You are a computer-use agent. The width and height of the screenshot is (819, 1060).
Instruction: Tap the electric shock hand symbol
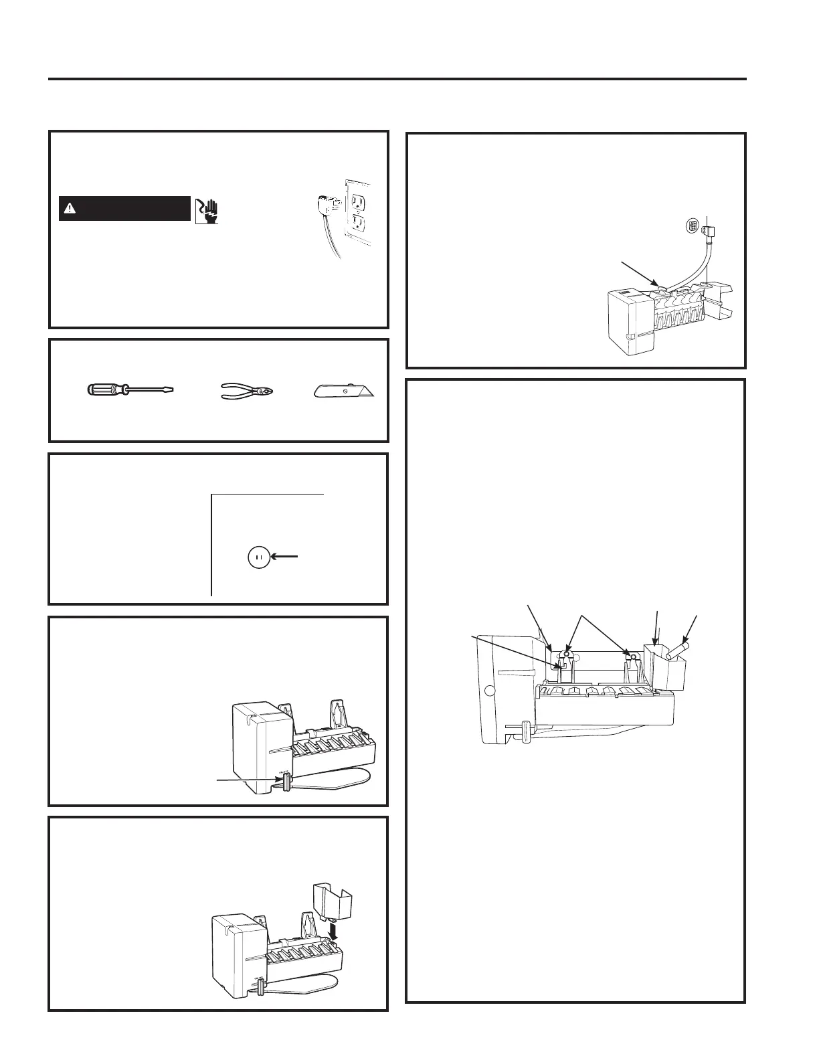207,211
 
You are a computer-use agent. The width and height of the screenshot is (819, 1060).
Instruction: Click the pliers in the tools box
248,389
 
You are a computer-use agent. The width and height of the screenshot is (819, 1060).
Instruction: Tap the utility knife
343,390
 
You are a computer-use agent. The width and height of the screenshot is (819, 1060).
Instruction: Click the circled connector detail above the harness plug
693,226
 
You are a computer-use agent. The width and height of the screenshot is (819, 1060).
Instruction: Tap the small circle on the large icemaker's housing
489,691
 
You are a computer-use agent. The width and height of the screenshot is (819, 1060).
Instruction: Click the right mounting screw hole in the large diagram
628,656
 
